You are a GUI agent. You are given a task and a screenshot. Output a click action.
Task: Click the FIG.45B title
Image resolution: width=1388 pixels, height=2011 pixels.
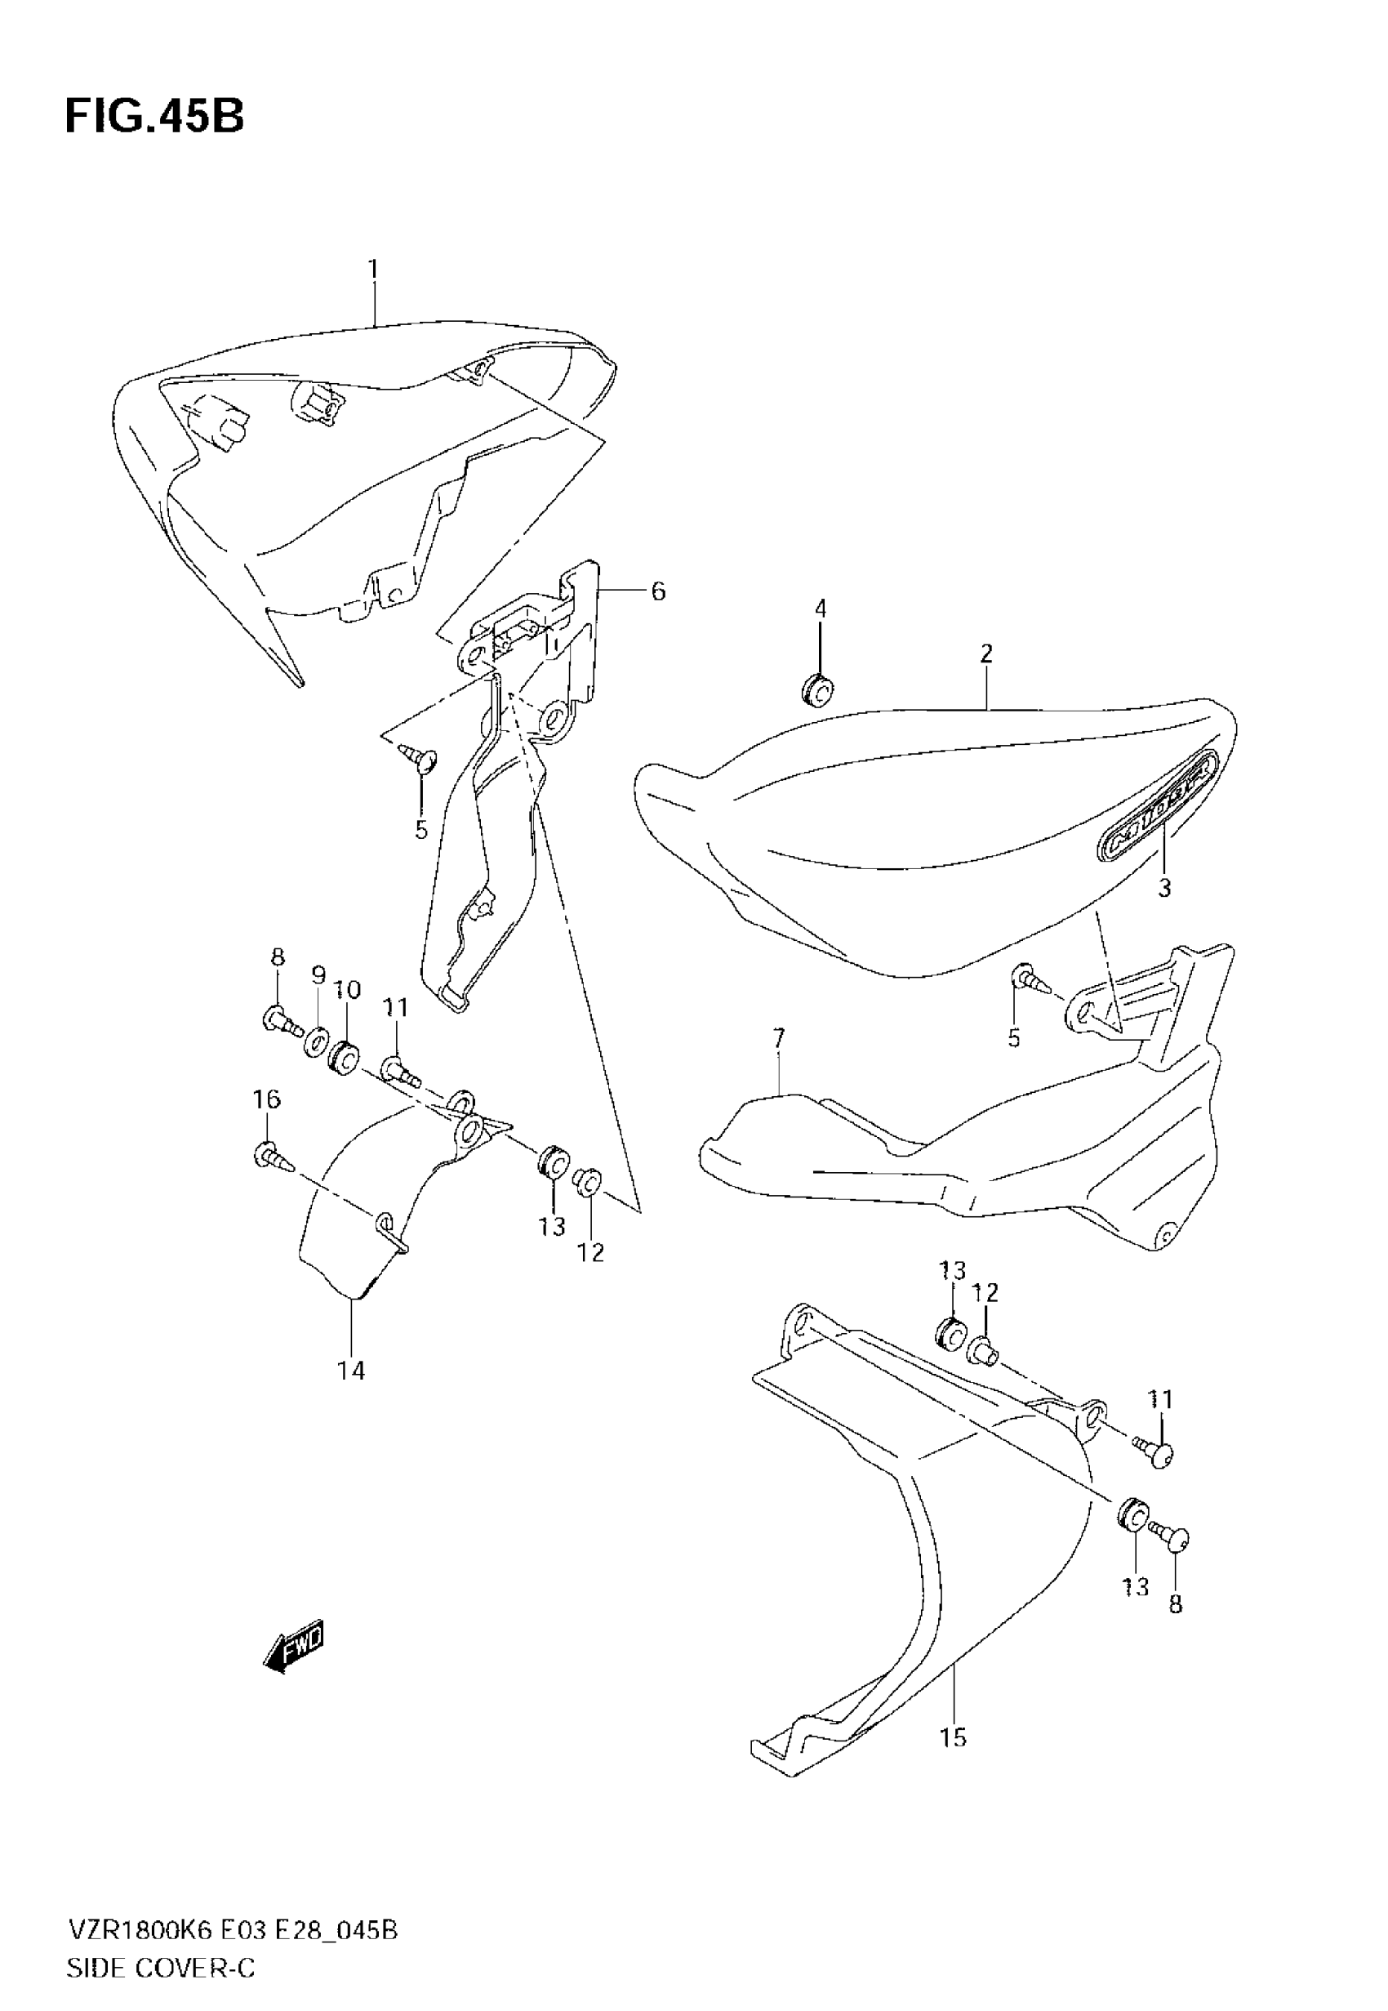pyautogui.click(x=154, y=117)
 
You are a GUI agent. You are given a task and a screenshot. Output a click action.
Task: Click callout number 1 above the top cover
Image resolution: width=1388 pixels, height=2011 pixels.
pyautogui.click(x=373, y=270)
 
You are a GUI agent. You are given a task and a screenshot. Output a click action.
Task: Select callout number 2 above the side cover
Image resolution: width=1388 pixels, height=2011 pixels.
pyautogui.click(x=985, y=654)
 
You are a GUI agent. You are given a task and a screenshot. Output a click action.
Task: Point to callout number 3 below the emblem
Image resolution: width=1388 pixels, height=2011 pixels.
pyautogui.click(x=1164, y=888)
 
